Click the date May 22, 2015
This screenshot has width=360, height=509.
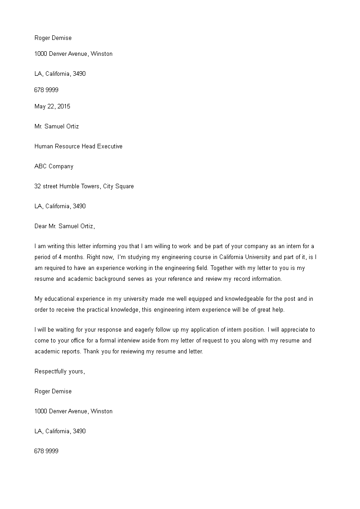[52, 107]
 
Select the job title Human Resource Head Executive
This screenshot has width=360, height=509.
[79, 147]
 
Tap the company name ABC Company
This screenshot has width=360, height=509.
[54, 166]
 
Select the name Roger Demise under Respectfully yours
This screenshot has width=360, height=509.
[53, 392]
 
